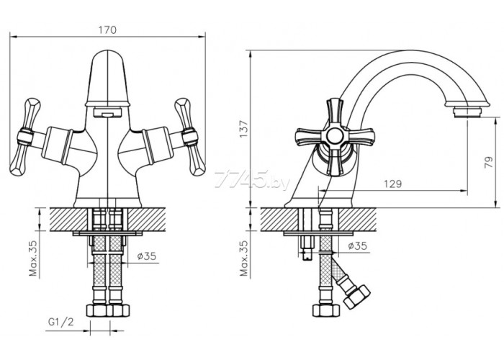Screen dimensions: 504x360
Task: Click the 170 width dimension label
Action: pyautogui.click(x=107, y=30)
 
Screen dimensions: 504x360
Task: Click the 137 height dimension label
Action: pyautogui.click(x=244, y=129)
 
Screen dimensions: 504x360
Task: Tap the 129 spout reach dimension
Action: pyautogui.click(x=393, y=184)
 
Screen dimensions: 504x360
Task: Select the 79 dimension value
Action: pyautogui.click(x=488, y=162)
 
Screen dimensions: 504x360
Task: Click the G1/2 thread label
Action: pyautogui.click(x=60, y=322)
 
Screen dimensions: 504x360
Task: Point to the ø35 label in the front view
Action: pyautogui.click(x=147, y=256)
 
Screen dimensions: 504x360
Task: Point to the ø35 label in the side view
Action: pyautogui.click(x=357, y=246)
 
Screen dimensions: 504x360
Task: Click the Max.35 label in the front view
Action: pyautogui.click(x=33, y=258)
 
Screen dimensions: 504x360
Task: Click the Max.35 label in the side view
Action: pyautogui.click(x=244, y=258)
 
